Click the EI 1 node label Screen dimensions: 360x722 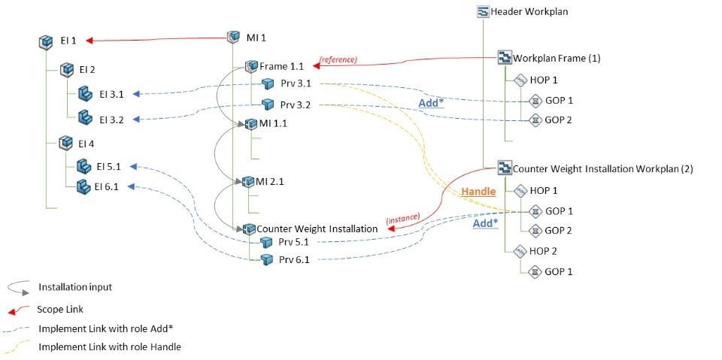coord(68,41)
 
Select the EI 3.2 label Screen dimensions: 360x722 coord(111,119)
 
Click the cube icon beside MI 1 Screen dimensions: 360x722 coord(233,37)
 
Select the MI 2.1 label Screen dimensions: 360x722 coord(270,182)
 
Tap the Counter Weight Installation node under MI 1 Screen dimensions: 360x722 coord(317,228)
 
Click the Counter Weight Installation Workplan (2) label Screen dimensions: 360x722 coord(602,169)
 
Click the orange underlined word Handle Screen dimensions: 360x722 coord(478,192)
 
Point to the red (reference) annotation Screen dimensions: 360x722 coord(338,59)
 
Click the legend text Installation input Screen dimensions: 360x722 coord(75,287)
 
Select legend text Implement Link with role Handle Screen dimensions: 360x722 coord(110,347)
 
